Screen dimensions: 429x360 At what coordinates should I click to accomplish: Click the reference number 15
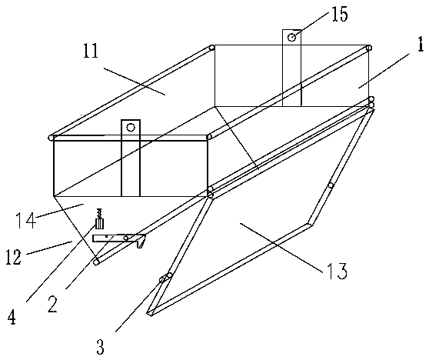(340, 15)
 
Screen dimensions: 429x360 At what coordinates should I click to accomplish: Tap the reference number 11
(91, 51)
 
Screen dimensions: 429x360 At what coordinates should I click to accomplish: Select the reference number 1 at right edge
(421, 45)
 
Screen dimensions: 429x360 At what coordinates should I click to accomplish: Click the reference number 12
(13, 257)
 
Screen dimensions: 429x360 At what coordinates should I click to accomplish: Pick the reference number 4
(12, 318)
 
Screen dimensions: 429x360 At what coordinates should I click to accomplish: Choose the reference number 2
(52, 305)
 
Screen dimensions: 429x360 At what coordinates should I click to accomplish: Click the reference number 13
(338, 271)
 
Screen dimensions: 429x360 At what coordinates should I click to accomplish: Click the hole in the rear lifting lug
(292, 37)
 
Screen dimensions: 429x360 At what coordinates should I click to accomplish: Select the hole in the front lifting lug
(131, 127)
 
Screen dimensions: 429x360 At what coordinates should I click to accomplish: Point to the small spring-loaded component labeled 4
(100, 219)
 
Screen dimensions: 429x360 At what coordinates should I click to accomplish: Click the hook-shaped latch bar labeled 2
(119, 238)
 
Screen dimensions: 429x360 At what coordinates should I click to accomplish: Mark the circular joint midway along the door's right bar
(331, 185)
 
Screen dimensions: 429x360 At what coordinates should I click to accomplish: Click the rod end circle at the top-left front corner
(51, 138)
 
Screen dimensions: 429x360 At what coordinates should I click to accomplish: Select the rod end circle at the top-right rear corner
(369, 48)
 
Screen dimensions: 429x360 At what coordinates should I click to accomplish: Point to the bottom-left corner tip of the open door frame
(149, 314)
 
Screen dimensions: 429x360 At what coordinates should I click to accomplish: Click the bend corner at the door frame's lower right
(310, 225)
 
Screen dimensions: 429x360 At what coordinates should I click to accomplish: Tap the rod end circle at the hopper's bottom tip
(96, 262)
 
